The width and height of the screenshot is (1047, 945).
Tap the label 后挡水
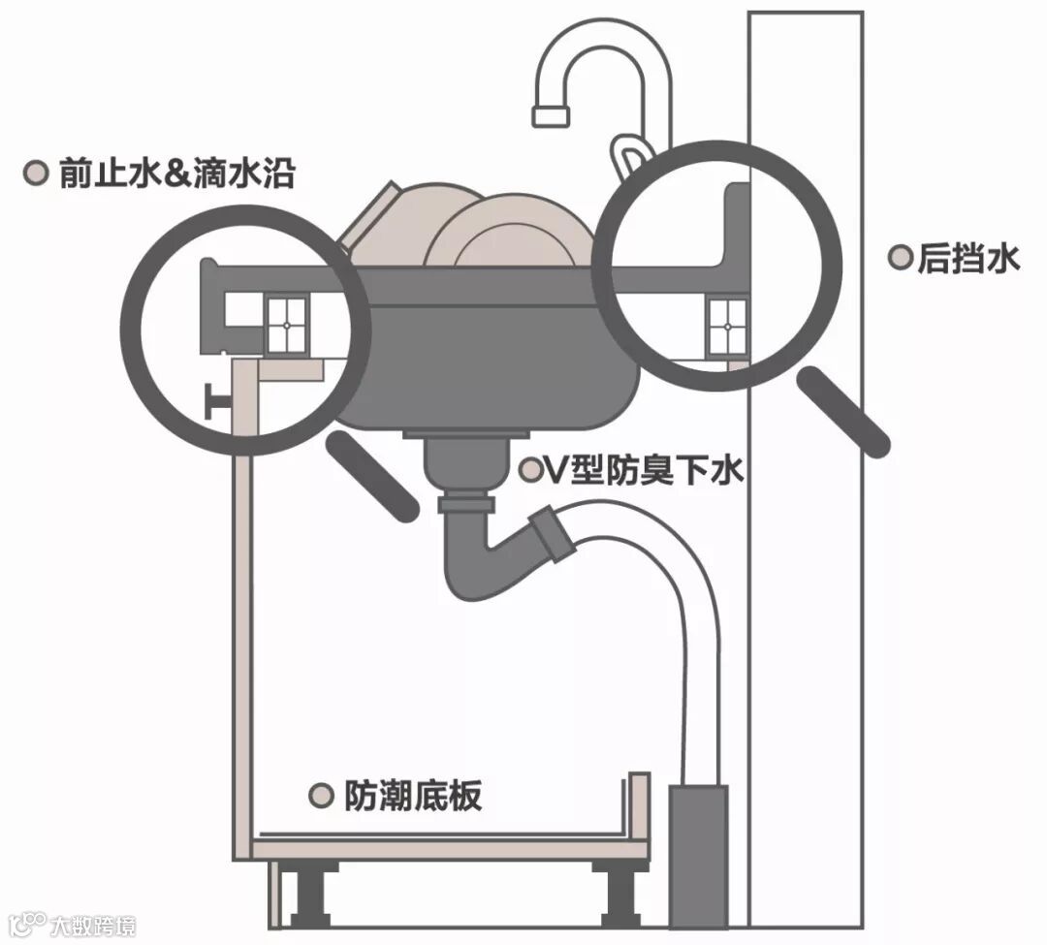pyautogui.click(x=968, y=259)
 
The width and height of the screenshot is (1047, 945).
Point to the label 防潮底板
pyautogui.click(x=412, y=796)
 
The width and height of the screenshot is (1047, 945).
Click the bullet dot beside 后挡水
pyautogui.click(x=901, y=258)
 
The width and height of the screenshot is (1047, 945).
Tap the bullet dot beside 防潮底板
pyautogui.click(x=320, y=796)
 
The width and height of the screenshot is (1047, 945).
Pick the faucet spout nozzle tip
pyautogui.click(x=550, y=113)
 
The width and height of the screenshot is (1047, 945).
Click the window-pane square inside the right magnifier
pyautogui.click(x=727, y=328)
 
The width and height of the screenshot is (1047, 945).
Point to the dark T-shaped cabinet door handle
pyautogui.click(x=218, y=400)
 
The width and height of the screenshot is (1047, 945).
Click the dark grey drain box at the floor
pyautogui.click(x=698, y=854)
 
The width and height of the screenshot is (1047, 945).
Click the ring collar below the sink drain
pyautogui.click(x=467, y=504)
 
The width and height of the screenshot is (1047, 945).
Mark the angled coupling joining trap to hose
pyautogui.click(x=549, y=534)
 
